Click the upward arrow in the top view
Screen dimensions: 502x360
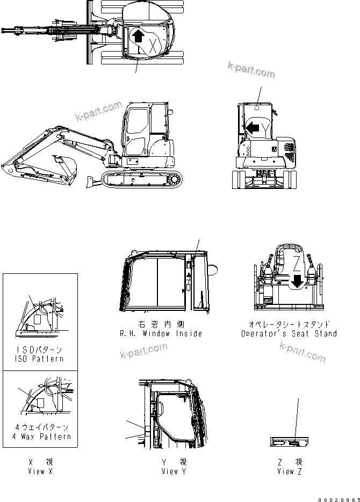point(138,37)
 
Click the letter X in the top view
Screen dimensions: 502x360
point(153,45)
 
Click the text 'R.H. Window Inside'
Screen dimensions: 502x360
point(161,333)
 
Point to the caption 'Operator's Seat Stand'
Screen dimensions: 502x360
point(289,333)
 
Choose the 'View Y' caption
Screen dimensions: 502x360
point(174,471)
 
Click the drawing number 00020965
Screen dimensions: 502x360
point(338,497)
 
